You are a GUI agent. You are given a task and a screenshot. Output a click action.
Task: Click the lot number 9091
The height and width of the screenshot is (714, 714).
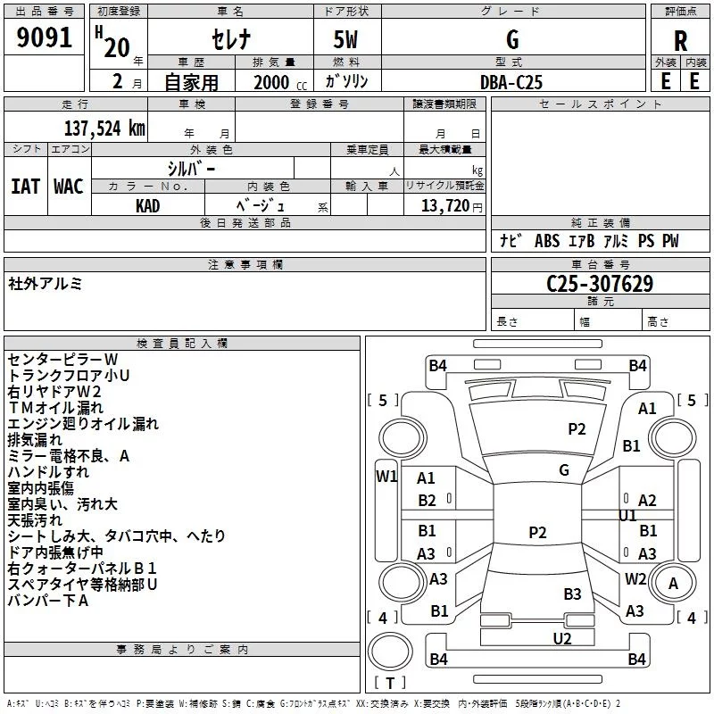pyautogui.click(x=44, y=37)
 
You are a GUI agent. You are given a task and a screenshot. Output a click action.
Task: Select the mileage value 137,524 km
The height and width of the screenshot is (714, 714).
pyautogui.click(x=104, y=129)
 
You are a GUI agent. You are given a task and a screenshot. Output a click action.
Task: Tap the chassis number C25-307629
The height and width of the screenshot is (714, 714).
pyautogui.click(x=600, y=284)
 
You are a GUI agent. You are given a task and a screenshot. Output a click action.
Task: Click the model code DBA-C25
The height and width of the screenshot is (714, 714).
pyautogui.click(x=511, y=82)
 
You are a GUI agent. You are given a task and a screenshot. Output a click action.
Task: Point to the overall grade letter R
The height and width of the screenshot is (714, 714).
pyautogui.click(x=680, y=41)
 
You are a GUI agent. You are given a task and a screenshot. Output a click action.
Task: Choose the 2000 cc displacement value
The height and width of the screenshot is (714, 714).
pyautogui.click(x=280, y=82)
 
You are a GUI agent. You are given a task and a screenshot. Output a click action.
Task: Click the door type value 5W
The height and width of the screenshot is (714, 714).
pyautogui.click(x=345, y=39)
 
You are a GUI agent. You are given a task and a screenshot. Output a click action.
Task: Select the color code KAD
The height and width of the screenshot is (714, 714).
pyautogui.click(x=147, y=206)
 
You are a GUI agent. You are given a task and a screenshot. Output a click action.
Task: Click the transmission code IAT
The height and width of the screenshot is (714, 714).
pyautogui.click(x=26, y=187)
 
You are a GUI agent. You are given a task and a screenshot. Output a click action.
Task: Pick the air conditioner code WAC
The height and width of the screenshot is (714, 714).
pyautogui.click(x=69, y=187)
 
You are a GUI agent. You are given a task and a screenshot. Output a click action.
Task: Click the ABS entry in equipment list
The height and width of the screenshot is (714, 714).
pyautogui.click(x=547, y=241)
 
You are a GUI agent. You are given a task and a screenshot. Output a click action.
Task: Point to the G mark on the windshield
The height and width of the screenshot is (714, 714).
pyautogui.click(x=564, y=469)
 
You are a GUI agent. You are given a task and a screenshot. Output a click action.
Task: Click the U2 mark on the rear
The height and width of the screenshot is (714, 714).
pyautogui.click(x=562, y=638)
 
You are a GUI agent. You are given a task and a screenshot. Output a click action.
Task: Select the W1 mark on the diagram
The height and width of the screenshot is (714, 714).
pyautogui.click(x=386, y=477)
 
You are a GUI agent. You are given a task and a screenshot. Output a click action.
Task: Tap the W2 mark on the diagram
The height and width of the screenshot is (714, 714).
pyautogui.click(x=635, y=578)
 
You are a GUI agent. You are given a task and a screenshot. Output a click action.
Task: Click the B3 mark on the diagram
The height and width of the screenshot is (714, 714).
pyautogui.click(x=572, y=594)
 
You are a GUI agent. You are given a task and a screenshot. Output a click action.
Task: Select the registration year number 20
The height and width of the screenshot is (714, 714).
pyautogui.click(x=117, y=47)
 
